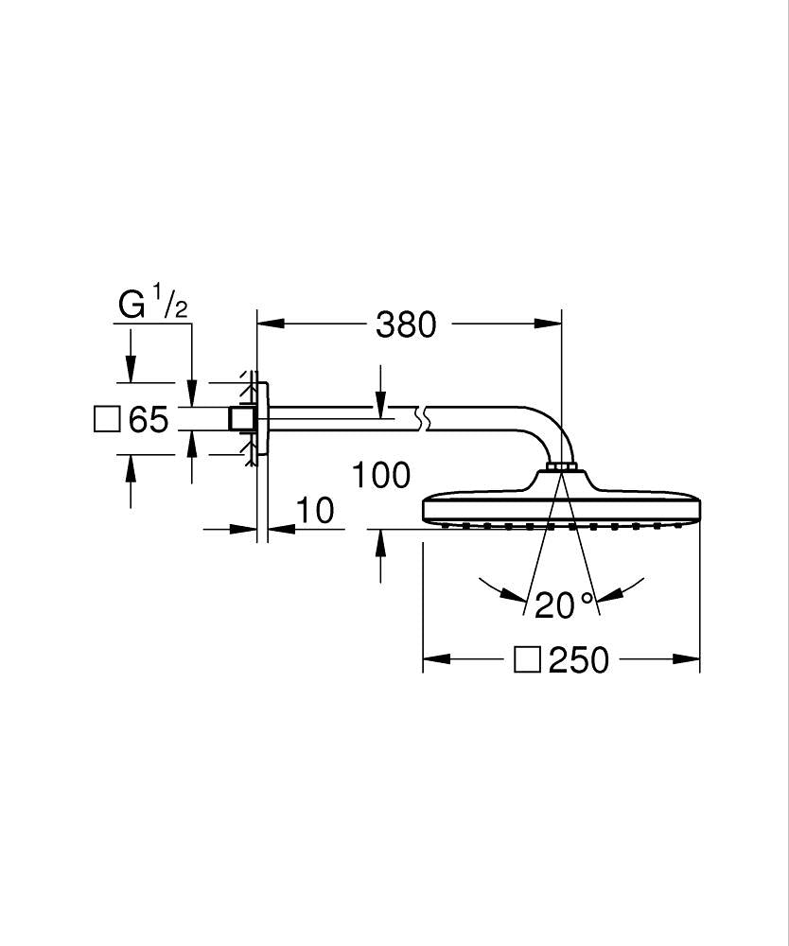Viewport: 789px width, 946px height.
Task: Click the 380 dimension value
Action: point(406,325)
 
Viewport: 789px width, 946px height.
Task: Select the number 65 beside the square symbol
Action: point(148,419)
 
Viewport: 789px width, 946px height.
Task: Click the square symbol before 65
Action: point(108,419)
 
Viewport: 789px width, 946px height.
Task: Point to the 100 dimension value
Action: point(381,475)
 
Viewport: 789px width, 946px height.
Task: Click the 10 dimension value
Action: point(314,511)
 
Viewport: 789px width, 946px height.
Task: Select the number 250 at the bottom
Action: point(579,660)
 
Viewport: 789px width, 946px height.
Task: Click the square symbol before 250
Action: point(527,659)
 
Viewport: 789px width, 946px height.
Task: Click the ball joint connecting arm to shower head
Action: point(562,465)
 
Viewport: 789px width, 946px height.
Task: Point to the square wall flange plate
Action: point(263,419)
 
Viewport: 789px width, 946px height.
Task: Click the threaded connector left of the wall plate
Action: point(242,419)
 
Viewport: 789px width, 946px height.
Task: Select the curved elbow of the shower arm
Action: point(549,430)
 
